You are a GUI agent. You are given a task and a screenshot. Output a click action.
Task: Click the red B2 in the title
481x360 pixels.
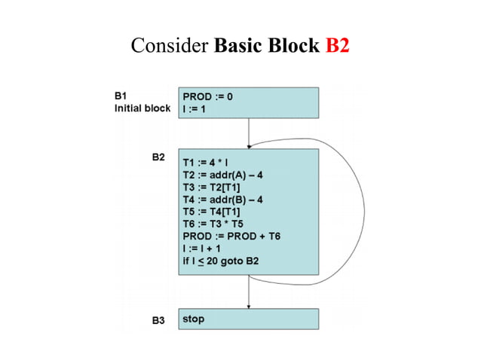tap(337, 47)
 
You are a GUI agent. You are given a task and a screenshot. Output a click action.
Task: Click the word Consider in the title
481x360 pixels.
tap(170, 47)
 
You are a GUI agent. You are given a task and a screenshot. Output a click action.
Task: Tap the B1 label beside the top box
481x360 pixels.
tap(121, 96)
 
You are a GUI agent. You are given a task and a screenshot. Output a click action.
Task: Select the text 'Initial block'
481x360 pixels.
tap(142, 108)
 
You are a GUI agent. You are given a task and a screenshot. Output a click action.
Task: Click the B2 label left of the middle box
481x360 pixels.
tap(158, 157)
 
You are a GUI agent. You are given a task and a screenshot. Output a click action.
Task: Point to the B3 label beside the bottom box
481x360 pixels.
tap(158, 321)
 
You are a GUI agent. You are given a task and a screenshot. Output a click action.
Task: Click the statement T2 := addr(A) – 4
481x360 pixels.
tap(222, 174)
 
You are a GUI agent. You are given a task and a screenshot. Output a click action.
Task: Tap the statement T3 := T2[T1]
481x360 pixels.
tap(212, 186)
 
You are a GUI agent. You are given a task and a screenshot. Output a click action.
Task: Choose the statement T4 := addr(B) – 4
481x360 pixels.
tap(222, 199)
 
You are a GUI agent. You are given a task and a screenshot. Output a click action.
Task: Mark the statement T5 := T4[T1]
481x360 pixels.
tap(212, 211)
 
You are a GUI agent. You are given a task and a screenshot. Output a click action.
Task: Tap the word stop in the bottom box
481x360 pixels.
tap(193, 319)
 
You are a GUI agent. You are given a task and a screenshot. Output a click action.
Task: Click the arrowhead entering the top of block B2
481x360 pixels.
tap(249, 145)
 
